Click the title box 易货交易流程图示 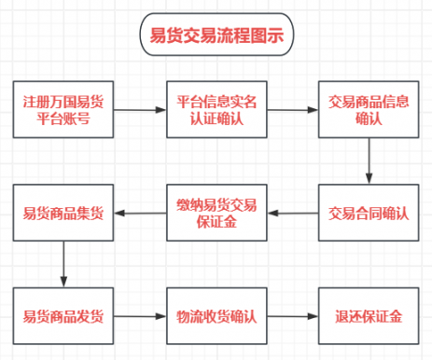point(216,36)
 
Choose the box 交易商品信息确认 point(369,110)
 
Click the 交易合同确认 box point(369,214)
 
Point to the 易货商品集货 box point(64,214)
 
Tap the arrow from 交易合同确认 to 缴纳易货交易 point(294,214)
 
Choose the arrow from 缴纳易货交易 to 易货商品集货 point(141,214)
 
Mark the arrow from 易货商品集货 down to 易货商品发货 point(64,265)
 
